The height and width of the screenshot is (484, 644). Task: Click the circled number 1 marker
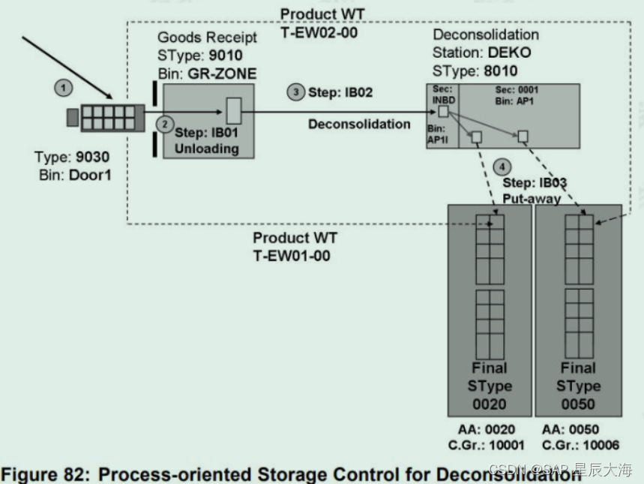64,89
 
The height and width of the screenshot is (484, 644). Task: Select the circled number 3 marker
297,92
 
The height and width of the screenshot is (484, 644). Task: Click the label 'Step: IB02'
340,92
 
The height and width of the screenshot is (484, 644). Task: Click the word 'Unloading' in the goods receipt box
206,149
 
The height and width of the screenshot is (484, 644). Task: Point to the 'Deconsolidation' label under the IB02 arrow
359,124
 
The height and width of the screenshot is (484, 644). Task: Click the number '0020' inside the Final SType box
490,404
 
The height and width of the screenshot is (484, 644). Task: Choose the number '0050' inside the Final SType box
578,404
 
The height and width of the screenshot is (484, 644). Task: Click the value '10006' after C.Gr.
601,446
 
